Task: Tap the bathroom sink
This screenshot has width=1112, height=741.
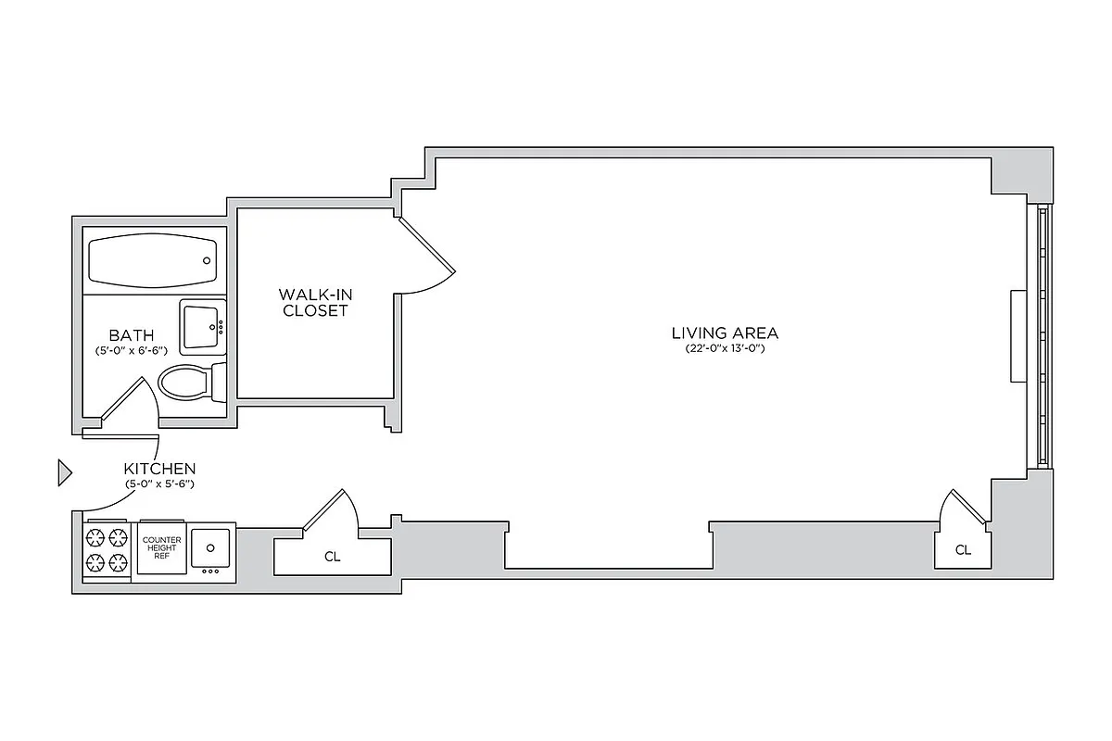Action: click(x=202, y=327)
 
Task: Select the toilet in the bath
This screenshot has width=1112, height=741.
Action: click(x=190, y=381)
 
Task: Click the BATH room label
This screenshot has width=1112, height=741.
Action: click(x=131, y=334)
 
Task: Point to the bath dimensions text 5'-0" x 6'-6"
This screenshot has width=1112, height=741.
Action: click(x=131, y=351)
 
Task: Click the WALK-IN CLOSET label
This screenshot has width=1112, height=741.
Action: click(x=315, y=303)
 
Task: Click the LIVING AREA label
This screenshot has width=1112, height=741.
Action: click(x=725, y=333)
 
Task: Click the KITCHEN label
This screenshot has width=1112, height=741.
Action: click(x=159, y=469)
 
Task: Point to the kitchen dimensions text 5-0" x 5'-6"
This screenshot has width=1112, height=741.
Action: click(x=159, y=484)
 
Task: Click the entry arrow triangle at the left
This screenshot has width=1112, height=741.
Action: click(x=64, y=472)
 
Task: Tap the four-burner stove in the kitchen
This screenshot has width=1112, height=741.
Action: click(x=107, y=550)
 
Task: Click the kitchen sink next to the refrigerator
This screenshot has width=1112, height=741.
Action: click(x=212, y=547)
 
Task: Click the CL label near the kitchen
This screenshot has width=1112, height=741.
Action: click(x=332, y=558)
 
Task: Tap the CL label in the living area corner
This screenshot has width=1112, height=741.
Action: click(x=963, y=550)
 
